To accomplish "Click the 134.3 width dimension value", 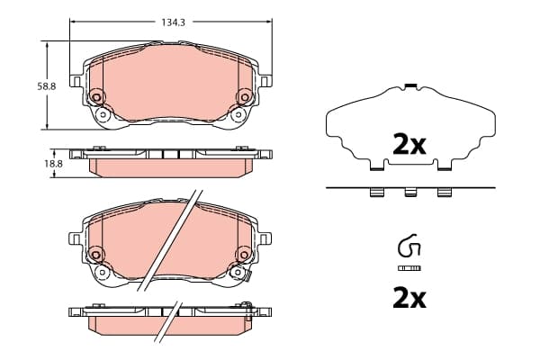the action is (173, 22).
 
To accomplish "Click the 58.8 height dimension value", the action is (47, 86).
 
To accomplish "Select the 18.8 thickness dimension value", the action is (53, 164).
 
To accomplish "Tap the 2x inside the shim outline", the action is (409, 145).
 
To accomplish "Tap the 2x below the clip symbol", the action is (409, 299).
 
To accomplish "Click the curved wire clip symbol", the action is (409, 246).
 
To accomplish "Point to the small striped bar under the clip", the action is (409, 268).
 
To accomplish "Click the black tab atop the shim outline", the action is (411, 85).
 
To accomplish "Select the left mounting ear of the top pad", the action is (76, 81).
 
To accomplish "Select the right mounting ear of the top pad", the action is (265, 81).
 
